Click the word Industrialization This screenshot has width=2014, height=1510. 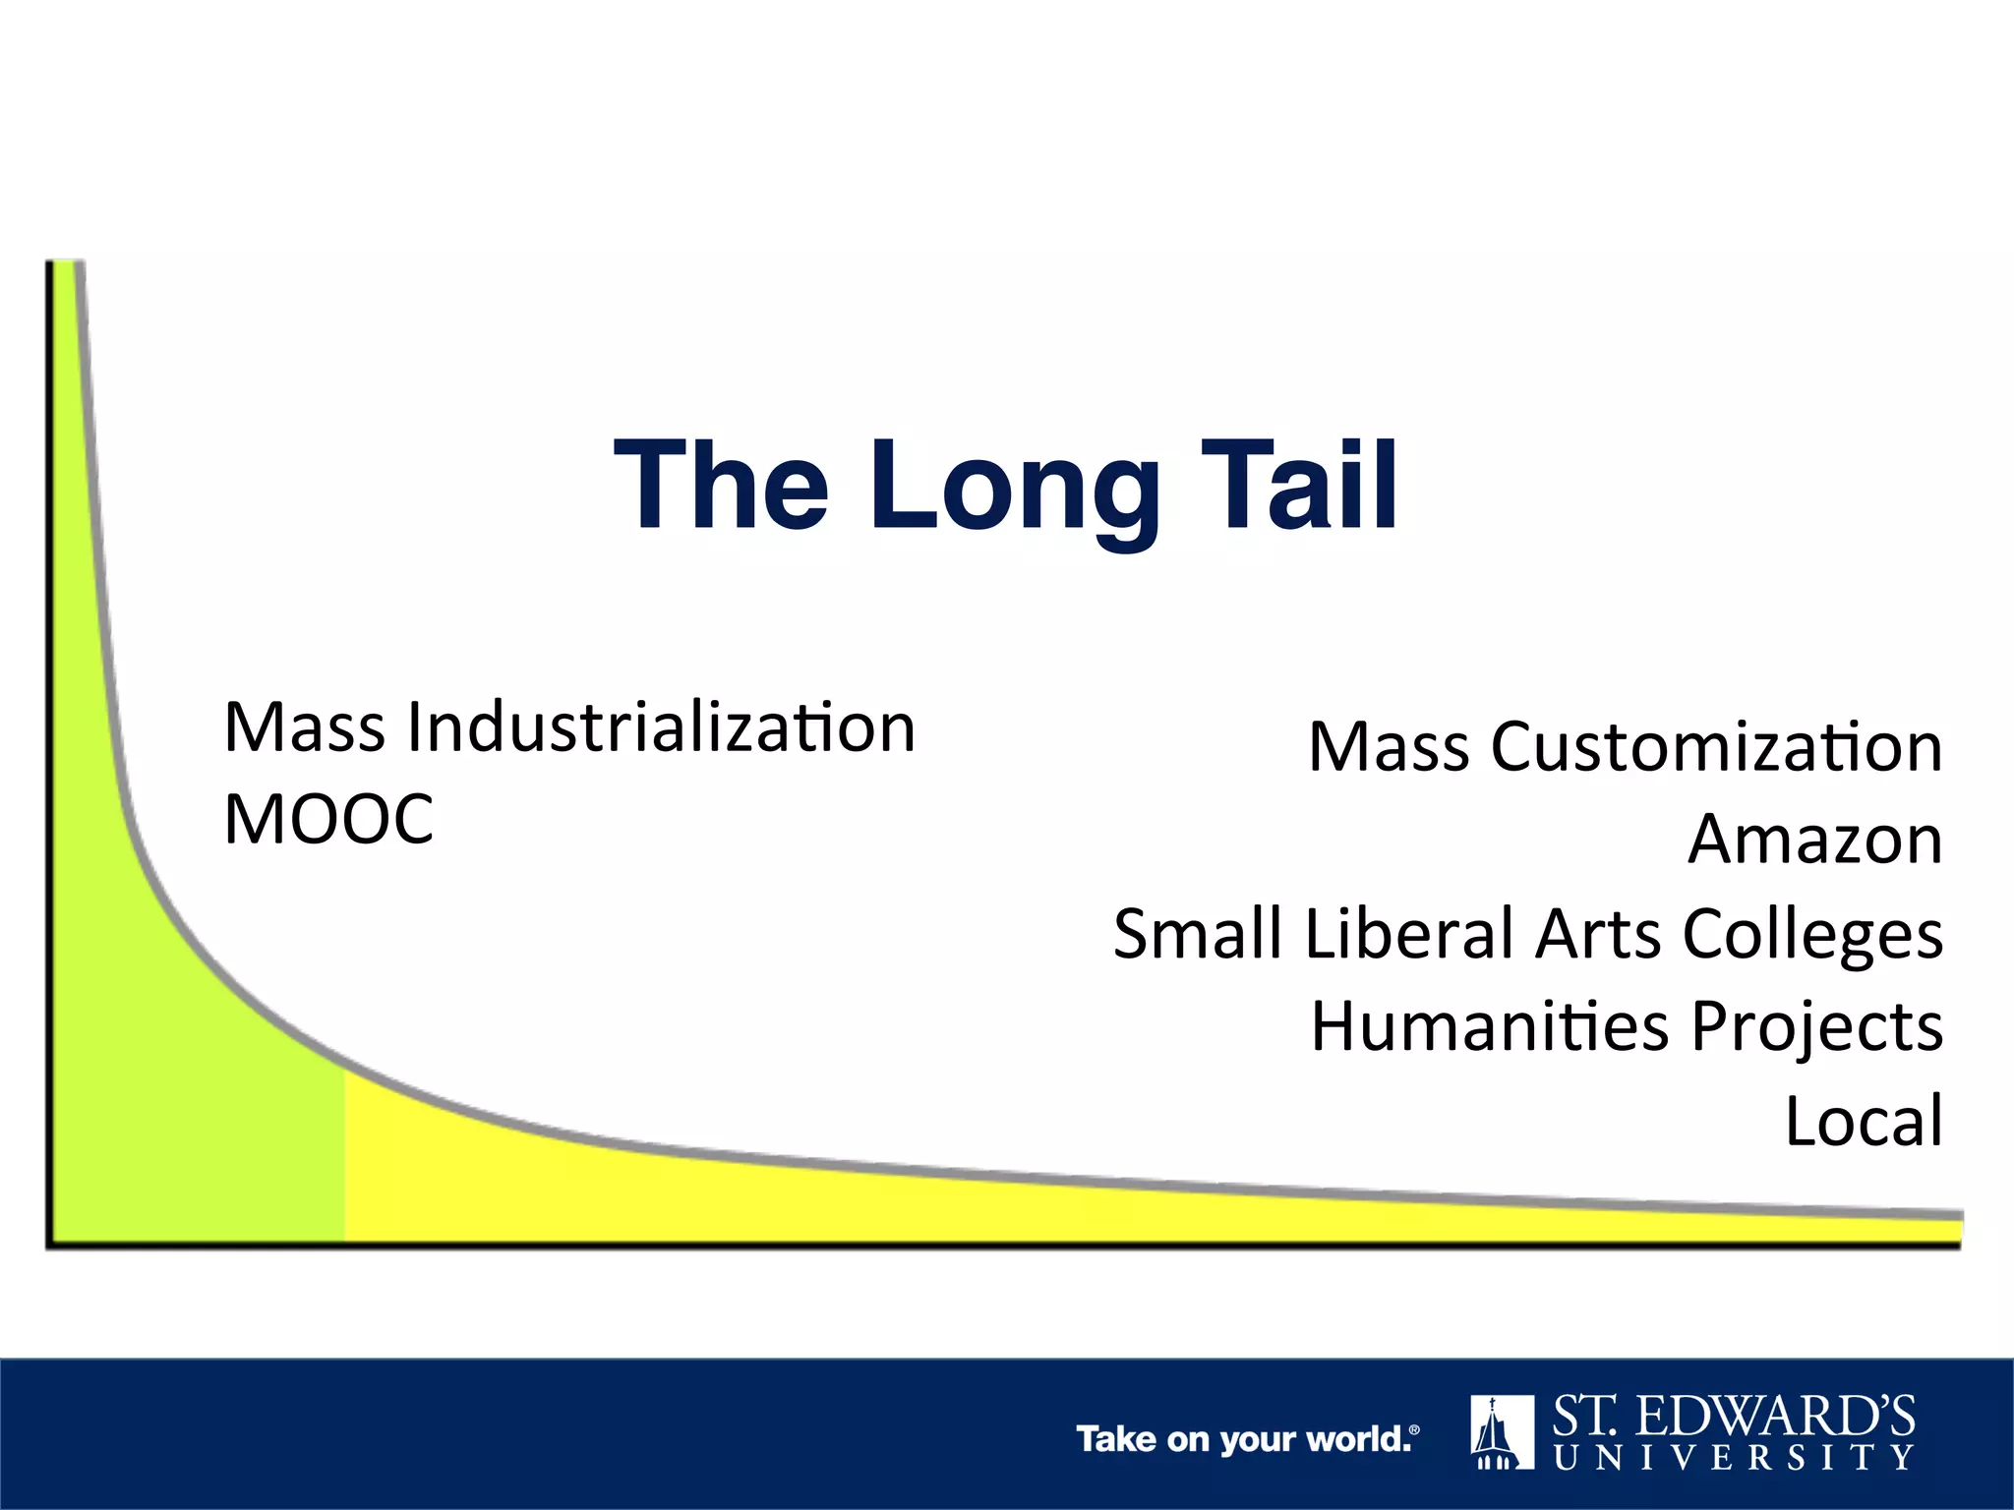click(661, 727)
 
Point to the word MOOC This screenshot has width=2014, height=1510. click(328, 820)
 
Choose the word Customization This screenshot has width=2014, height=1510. click(1717, 747)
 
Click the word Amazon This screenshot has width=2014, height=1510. click(1815, 840)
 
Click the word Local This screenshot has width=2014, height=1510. click(1864, 1121)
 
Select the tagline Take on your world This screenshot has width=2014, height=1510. click(1247, 1439)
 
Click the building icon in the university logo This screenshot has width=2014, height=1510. click(1502, 1431)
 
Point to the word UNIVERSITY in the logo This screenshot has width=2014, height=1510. click(1734, 1457)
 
